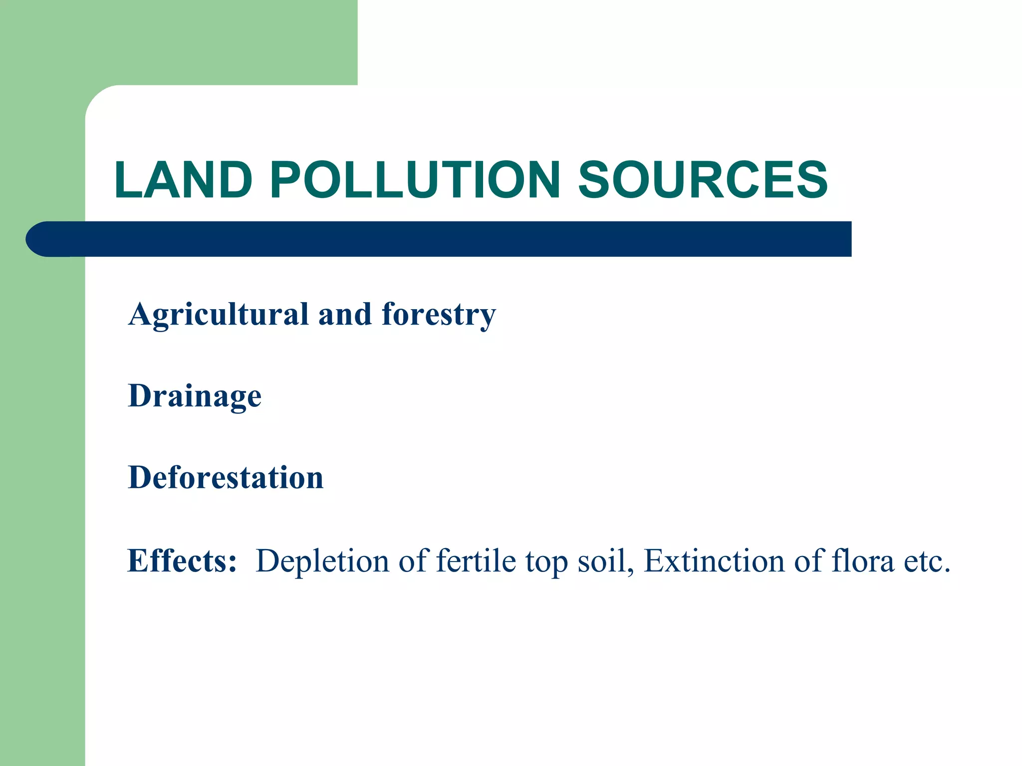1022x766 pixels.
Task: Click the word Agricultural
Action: [x=218, y=315]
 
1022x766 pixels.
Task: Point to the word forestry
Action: [x=439, y=315]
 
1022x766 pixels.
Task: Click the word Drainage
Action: [x=195, y=396]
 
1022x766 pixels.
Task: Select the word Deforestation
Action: [x=226, y=478]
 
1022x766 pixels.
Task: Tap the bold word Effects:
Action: [x=182, y=561]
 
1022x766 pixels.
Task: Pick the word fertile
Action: [x=476, y=561]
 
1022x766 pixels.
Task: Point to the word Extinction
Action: [x=714, y=561]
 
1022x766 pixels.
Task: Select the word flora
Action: [x=863, y=561]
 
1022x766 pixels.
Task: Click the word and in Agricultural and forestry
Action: [x=345, y=315]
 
